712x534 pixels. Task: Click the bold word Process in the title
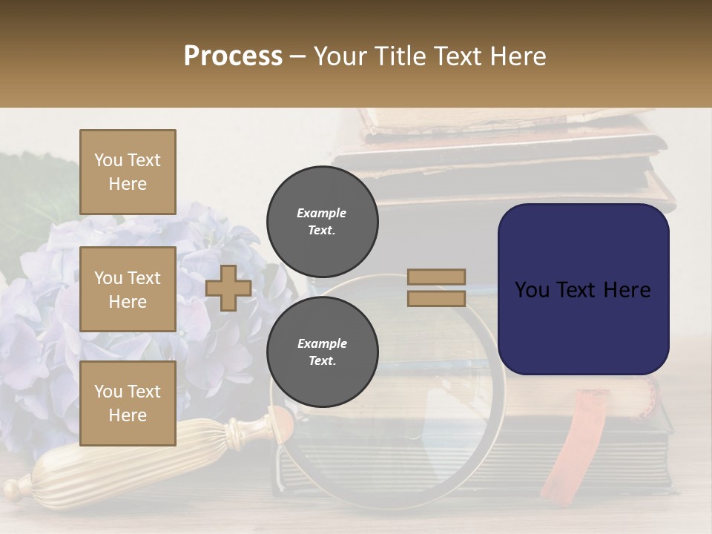click(233, 56)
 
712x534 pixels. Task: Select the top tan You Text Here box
click(128, 172)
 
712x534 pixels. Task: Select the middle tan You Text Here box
click(128, 289)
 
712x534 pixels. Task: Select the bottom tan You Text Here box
click(128, 403)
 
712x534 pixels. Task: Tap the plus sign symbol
click(228, 289)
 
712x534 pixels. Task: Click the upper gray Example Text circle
click(322, 221)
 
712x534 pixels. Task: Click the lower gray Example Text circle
click(322, 352)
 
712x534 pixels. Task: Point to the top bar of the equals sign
click(436, 277)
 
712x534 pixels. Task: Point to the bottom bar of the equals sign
click(436, 298)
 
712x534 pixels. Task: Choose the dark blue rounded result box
click(583, 289)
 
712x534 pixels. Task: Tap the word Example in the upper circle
click(322, 213)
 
